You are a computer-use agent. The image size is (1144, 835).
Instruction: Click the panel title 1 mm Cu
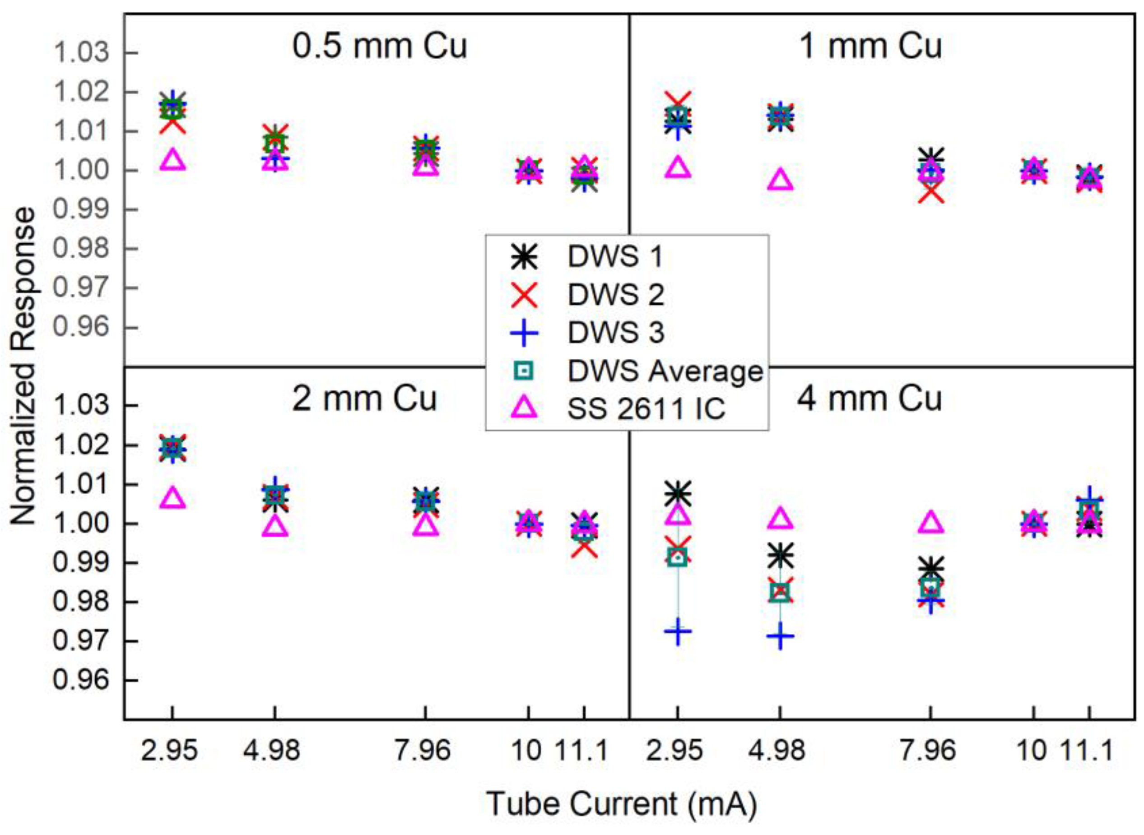tap(870, 46)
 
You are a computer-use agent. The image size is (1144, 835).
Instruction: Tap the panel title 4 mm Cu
tap(870, 399)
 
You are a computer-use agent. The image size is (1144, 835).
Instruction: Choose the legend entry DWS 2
tap(615, 295)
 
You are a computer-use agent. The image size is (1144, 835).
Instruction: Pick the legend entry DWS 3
tap(615, 333)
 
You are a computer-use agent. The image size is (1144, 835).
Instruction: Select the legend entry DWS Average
tap(665, 371)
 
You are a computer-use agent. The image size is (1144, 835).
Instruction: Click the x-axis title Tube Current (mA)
tap(621, 804)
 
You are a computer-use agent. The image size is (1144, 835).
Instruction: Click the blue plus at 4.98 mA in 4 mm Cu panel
tap(780, 636)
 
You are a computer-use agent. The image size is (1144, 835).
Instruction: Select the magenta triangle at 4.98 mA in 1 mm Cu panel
tap(780, 181)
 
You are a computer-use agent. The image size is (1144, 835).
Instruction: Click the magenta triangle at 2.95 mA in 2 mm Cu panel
tap(173, 498)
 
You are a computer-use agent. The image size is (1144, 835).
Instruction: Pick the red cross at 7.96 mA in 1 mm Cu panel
tap(930, 193)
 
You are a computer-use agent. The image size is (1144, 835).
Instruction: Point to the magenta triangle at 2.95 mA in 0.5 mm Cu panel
tap(173, 160)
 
